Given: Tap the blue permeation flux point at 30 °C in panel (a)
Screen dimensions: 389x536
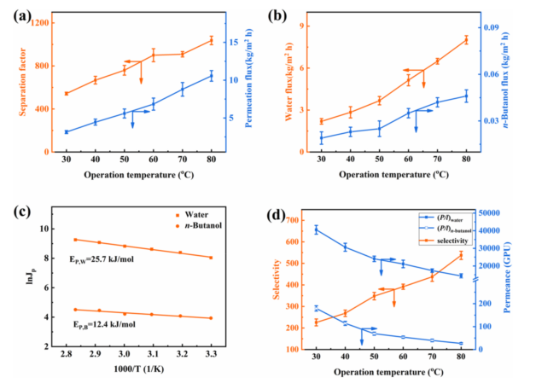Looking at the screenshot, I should click(67, 132).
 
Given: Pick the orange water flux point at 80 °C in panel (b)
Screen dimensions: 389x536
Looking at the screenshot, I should click(466, 39).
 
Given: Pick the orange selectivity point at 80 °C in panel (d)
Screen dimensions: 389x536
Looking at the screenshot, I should click(461, 255).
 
